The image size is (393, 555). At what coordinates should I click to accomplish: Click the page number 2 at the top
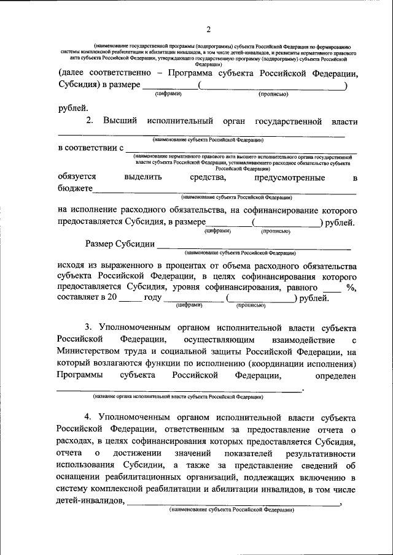pos(209,29)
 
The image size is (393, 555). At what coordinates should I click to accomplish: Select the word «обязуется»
pos(77,177)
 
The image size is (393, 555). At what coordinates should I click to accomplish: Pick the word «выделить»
pos(142,177)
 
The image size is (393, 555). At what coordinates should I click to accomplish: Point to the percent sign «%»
pos(351,287)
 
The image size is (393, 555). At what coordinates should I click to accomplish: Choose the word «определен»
pos(336,375)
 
